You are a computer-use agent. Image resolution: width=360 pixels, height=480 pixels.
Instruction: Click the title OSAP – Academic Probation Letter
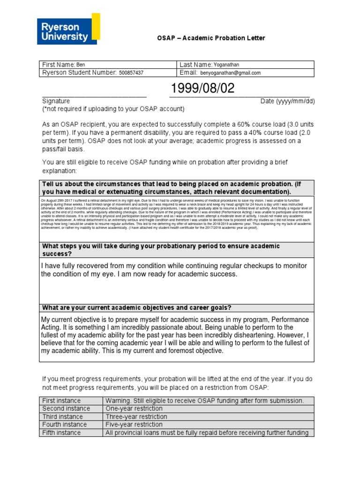pyautogui.click(x=210, y=38)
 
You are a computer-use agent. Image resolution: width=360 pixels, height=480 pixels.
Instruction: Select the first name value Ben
pyautogui.click(x=81, y=65)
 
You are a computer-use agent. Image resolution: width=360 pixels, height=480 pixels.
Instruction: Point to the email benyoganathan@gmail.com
pyautogui.click(x=231, y=73)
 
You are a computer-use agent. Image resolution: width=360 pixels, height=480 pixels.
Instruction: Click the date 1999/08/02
pyautogui.click(x=202, y=89)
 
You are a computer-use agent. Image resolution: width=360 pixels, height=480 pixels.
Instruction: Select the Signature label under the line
pyautogui.click(x=56, y=101)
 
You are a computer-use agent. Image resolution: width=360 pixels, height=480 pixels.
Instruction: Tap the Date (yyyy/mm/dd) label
pyautogui.click(x=287, y=101)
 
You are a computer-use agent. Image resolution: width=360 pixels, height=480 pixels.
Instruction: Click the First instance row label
pyautogui.click(x=61, y=401)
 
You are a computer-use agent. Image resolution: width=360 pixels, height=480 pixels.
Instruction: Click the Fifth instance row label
pyautogui.click(x=61, y=433)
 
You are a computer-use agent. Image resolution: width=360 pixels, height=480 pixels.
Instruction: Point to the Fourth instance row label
pyautogui.click(x=64, y=425)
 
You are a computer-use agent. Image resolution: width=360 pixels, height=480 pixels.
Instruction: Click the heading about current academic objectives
pyautogui.click(x=136, y=307)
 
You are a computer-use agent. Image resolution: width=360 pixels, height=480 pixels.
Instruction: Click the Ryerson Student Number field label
pyautogui.click(x=79, y=73)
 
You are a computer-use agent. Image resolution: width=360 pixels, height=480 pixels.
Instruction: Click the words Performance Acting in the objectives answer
pyautogui.click(x=271, y=319)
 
